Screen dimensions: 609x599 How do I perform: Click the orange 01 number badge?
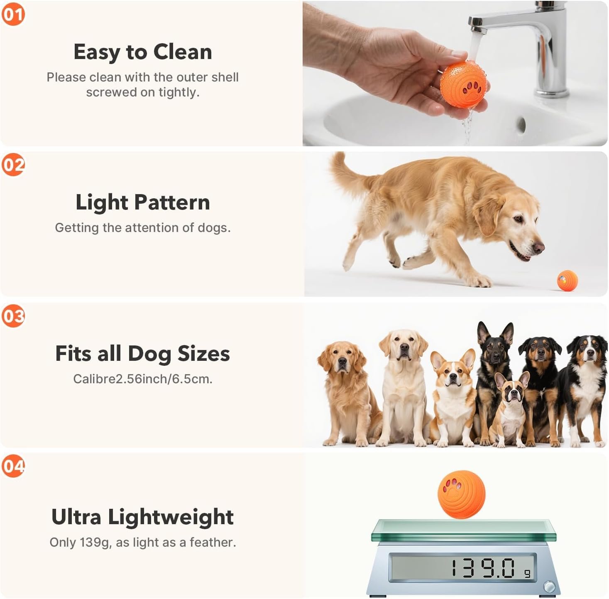click(x=13, y=14)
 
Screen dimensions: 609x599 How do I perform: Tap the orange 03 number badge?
click(x=13, y=316)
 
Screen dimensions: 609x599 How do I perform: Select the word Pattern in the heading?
click(x=172, y=202)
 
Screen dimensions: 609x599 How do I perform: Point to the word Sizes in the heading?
click(x=204, y=353)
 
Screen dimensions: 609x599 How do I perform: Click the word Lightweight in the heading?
click(x=171, y=517)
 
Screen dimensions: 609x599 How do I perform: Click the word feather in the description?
click(x=213, y=542)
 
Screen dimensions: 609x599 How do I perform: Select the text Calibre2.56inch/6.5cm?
click(x=143, y=379)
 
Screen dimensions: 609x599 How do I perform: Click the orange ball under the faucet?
click(x=463, y=84)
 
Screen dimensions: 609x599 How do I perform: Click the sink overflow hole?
click(x=522, y=125)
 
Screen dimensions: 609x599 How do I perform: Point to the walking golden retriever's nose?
click(x=538, y=247)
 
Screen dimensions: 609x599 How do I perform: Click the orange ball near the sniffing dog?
click(x=567, y=281)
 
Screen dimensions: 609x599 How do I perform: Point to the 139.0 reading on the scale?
click(x=483, y=568)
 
